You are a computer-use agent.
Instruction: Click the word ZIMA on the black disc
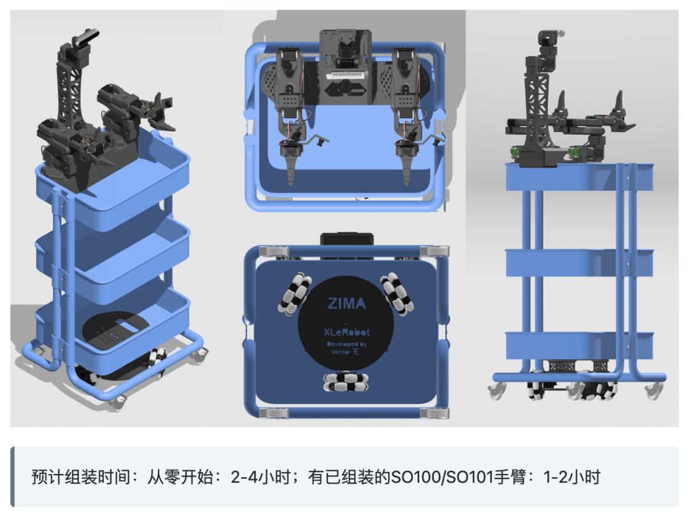tap(347, 304)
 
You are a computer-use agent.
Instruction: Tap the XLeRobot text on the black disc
tap(347, 331)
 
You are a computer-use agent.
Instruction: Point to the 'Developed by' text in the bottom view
tap(347, 344)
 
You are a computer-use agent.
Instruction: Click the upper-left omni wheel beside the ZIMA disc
tap(294, 294)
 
